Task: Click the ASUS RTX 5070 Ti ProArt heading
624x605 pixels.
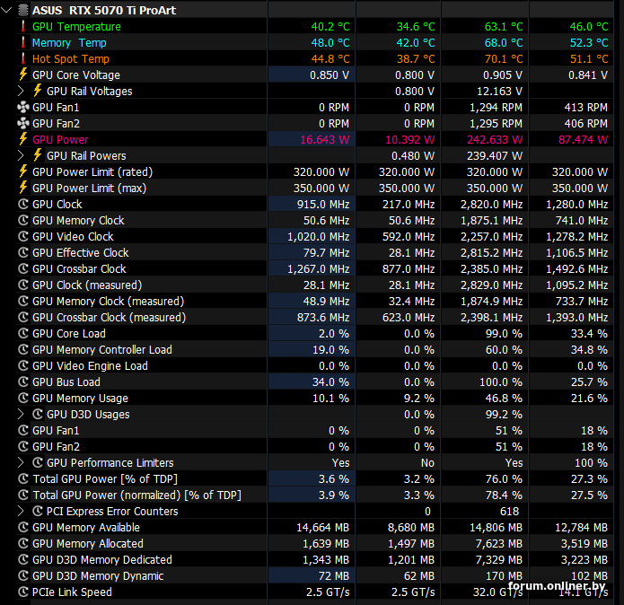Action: click(104, 10)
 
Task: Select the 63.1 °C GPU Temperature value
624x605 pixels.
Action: click(504, 27)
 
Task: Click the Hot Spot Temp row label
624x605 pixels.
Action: click(71, 59)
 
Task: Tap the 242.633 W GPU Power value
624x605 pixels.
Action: click(495, 140)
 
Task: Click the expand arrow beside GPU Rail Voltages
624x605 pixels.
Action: click(21, 91)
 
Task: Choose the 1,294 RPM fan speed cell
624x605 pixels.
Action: click(496, 108)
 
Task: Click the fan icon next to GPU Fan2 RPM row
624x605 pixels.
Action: click(23, 123)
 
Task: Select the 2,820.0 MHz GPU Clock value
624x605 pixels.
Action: click(491, 205)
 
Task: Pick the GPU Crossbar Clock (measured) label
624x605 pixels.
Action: click(109, 318)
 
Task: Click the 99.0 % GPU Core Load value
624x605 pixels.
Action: click(504, 334)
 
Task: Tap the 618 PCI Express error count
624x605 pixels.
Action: click(510, 512)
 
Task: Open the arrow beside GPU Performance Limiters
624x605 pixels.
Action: click(21, 462)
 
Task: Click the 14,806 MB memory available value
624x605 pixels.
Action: click(496, 528)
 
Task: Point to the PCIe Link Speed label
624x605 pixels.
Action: click(72, 592)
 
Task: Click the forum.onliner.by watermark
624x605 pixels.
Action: click(557, 585)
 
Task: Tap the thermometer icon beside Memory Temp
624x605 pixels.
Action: click(23, 42)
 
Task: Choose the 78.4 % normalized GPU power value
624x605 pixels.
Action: click(504, 495)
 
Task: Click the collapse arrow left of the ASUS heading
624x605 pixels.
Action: click(7, 10)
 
